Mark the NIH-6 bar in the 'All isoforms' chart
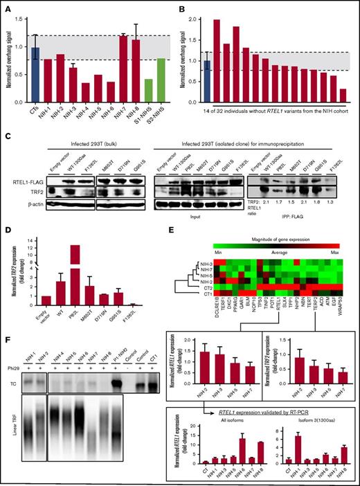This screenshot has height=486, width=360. pyautogui.click(x=242, y=449)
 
